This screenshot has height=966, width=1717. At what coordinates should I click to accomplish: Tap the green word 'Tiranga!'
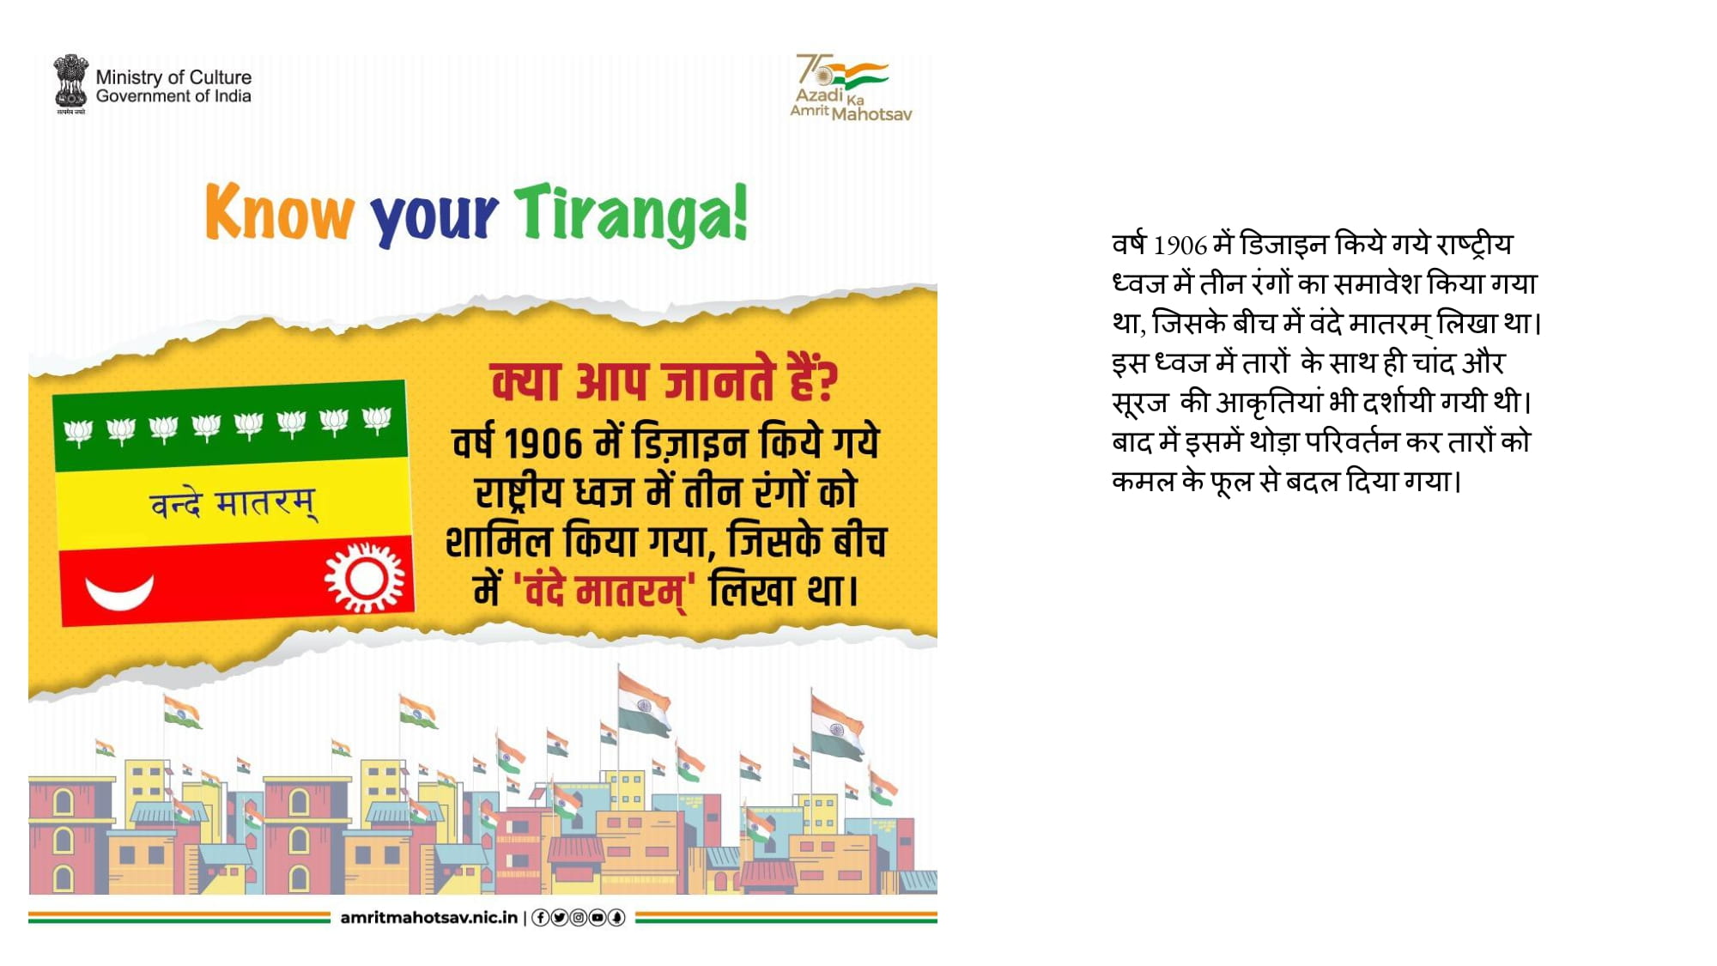pyautogui.click(x=631, y=215)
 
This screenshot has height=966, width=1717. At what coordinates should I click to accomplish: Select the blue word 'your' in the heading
pyautogui.click(x=434, y=218)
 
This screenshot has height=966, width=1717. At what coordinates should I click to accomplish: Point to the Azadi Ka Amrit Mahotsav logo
pyautogui.click(x=851, y=88)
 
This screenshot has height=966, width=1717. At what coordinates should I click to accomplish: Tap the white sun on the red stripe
pyautogui.click(x=365, y=577)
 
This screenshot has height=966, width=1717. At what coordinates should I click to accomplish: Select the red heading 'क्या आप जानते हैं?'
pyautogui.click(x=664, y=381)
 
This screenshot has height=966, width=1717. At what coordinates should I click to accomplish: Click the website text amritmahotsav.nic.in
pyautogui.click(x=429, y=917)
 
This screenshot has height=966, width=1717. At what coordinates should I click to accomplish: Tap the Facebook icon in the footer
pyautogui.click(x=541, y=918)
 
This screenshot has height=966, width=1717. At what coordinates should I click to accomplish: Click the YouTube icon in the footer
pyautogui.click(x=598, y=918)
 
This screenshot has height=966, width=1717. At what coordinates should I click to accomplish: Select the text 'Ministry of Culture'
pyautogui.click(x=173, y=77)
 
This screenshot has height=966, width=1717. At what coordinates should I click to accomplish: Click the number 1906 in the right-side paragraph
pyautogui.click(x=1180, y=246)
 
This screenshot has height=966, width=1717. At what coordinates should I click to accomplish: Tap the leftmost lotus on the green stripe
pyautogui.click(x=78, y=432)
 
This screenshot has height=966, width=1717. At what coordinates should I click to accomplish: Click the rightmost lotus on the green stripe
pyautogui.click(x=377, y=419)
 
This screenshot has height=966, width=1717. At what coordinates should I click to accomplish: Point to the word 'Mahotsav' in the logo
pyautogui.click(x=871, y=114)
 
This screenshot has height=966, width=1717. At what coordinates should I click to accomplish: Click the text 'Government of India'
pyautogui.click(x=173, y=96)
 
